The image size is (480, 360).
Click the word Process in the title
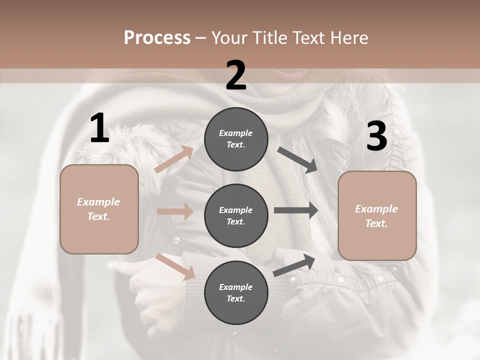(157, 38)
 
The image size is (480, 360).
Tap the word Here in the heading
(350, 38)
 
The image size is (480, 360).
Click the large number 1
(99, 128)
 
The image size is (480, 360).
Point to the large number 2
(236, 76)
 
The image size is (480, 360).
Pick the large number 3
(376, 136)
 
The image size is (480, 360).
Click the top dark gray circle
(236, 139)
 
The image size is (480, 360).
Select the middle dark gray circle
(236, 215)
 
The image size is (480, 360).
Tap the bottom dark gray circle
(236, 292)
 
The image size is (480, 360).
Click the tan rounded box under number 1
(99, 209)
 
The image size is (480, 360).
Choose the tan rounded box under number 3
(377, 215)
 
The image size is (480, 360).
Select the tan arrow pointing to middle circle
(175, 211)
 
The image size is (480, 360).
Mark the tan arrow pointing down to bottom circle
(175, 266)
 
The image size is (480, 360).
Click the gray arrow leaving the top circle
(297, 160)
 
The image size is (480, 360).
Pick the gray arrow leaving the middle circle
(296, 210)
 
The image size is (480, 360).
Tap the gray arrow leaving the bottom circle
(294, 265)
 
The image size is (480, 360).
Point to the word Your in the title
(228, 38)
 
